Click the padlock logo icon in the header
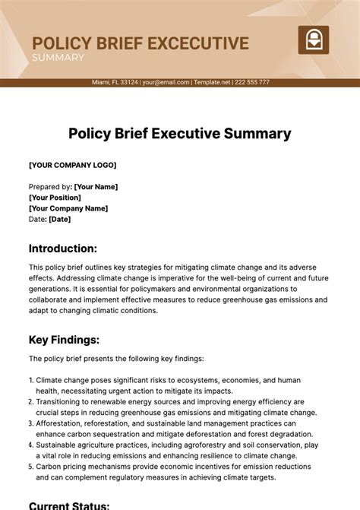coord(312,40)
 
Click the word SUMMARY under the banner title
coord(58,58)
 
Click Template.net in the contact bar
coord(213,82)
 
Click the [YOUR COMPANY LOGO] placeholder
coord(73,165)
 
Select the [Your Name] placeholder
coord(96,186)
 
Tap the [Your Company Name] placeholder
coord(68,208)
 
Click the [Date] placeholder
coord(60,219)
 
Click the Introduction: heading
coord(63,249)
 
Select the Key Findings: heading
coord(65,340)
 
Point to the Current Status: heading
coord(69,505)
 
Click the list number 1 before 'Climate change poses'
coord(31,380)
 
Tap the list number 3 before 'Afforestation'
coord(31,423)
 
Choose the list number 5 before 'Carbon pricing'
coord(31,467)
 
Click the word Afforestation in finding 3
coord(62,423)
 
